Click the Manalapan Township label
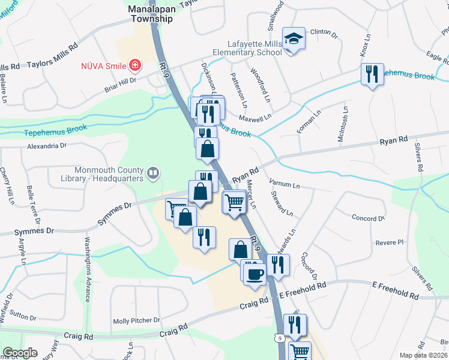point(150,14)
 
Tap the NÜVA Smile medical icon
point(136,64)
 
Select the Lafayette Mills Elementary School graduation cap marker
point(294,39)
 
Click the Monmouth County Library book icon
point(153,174)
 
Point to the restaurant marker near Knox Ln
point(373,74)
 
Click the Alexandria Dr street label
point(46,145)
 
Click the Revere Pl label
point(390,242)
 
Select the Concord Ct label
point(368,218)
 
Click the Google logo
point(19,353)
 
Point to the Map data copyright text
point(423,355)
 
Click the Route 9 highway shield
point(280,338)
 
